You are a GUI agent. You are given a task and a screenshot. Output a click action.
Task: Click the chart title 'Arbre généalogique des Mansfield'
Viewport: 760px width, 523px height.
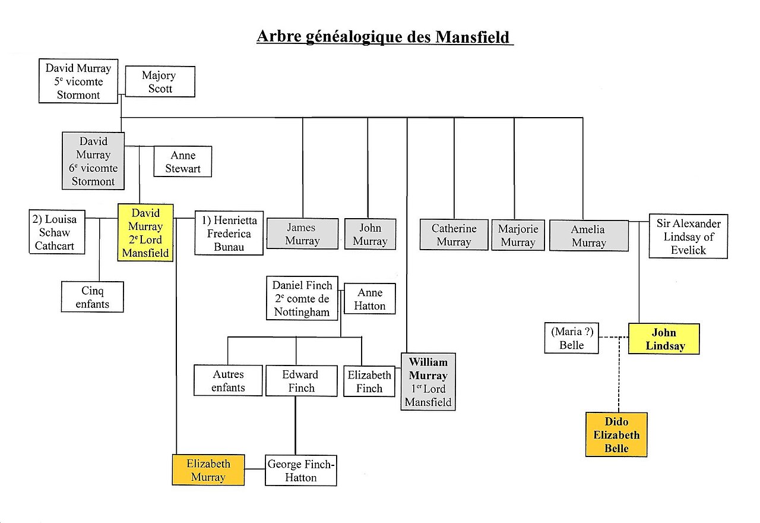pyautogui.click(x=385, y=37)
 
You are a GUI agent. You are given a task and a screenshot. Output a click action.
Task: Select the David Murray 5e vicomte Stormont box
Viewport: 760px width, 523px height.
pyautogui.click(x=78, y=81)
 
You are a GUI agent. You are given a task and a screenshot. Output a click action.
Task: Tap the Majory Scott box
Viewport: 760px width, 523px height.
pyautogui.click(x=160, y=81)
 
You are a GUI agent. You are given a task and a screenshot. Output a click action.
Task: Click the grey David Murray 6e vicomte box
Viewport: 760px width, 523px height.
pyautogui.click(x=93, y=161)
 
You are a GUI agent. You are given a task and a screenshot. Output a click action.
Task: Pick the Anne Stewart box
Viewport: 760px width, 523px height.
pyautogui.click(x=183, y=162)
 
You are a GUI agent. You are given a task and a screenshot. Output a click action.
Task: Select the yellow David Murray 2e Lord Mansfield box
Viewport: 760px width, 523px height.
pyautogui.click(x=145, y=232)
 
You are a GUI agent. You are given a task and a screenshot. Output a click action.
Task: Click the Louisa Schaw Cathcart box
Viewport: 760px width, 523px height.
pyautogui.click(x=57, y=232)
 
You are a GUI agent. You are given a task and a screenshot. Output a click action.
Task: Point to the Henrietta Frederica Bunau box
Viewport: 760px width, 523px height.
pyautogui.click(x=229, y=234)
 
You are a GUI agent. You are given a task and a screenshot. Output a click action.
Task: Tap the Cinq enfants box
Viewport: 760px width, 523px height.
pyautogui.click(x=92, y=297)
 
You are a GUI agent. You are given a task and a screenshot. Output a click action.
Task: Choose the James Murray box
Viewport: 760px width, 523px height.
pyautogui.click(x=302, y=234)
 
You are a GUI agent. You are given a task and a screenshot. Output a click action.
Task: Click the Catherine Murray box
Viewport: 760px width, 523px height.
pyautogui.click(x=454, y=235)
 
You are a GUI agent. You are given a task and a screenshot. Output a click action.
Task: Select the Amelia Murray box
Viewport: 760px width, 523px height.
pyautogui.click(x=589, y=236)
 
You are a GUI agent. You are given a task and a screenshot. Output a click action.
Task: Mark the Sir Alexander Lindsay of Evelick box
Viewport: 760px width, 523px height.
pyautogui.click(x=688, y=237)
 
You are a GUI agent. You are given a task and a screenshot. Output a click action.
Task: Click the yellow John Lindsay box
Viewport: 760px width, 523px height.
pyautogui.click(x=664, y=339)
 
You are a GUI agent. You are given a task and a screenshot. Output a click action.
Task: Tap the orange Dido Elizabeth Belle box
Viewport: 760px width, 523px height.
pyautogui.click(x=616, y=434)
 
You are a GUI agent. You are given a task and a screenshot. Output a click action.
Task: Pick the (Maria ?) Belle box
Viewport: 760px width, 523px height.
pyautogui.click(x=572, y=338)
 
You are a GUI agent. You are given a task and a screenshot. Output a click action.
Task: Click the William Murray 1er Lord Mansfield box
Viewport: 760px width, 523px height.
pyautogui.click(x=428, y=382)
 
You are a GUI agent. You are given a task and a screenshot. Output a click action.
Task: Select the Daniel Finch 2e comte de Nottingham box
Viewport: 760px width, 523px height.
pyautogui.click(x=302, y=298)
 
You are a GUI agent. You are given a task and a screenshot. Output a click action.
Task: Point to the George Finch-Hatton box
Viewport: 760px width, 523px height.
pyautogui.click(x=301, y=470)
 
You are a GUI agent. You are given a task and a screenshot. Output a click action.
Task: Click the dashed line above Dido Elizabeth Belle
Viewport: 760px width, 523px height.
pyautogui.click(x=619, y=374)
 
